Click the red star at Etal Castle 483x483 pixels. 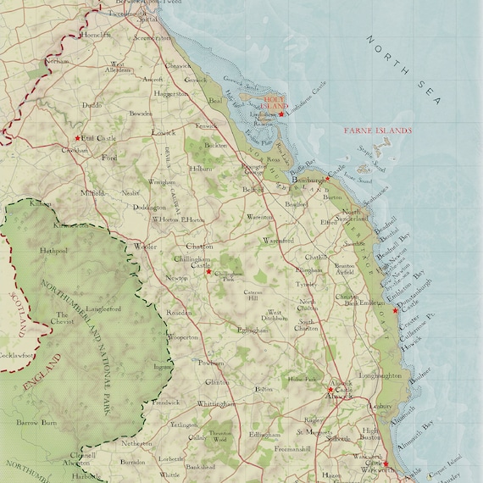[x=78, y=138]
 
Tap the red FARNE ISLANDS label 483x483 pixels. [x=377, y=131]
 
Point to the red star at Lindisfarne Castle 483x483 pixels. [x=281, y=114]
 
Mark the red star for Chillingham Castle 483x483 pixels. [x=208, y=271]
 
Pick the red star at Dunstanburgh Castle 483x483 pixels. [x=395, y=310]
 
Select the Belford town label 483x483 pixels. [x=253, y=191]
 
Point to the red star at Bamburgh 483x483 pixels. [x=326, y=180]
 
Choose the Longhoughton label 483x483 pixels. [x=378, y=375]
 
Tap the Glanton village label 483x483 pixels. [x=218, y=382]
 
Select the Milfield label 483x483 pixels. [x=93, y=192]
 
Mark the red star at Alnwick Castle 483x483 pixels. [x=330, y=390]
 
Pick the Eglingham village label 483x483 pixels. [x=253, y=330]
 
